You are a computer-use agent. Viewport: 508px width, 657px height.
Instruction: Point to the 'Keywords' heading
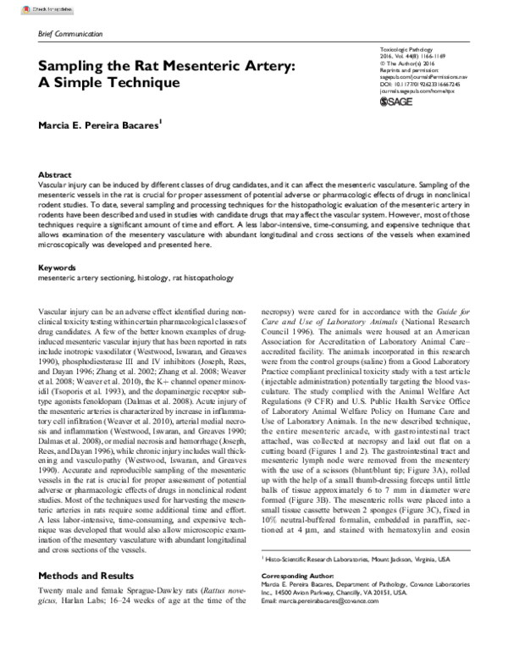pyautogui.click(x=58, y=244)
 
